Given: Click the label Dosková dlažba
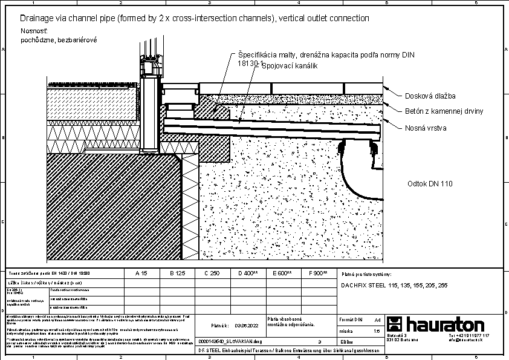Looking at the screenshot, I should pyautogui.click(x=430, y=96).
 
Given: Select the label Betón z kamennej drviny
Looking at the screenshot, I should pyautogui.click(x=444, y=111).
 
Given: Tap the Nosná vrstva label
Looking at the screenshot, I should pyautogui.click(x=426, y=128).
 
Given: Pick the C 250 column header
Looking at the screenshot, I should pyautogui.click(x=212, y=273).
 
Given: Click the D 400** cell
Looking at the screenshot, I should pyautogui.click(x=247, y=273).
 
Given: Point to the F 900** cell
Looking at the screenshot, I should pyautogui.click(x=317, y=273).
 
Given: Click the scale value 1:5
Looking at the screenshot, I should pyautogui.click(x=377, y=331).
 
